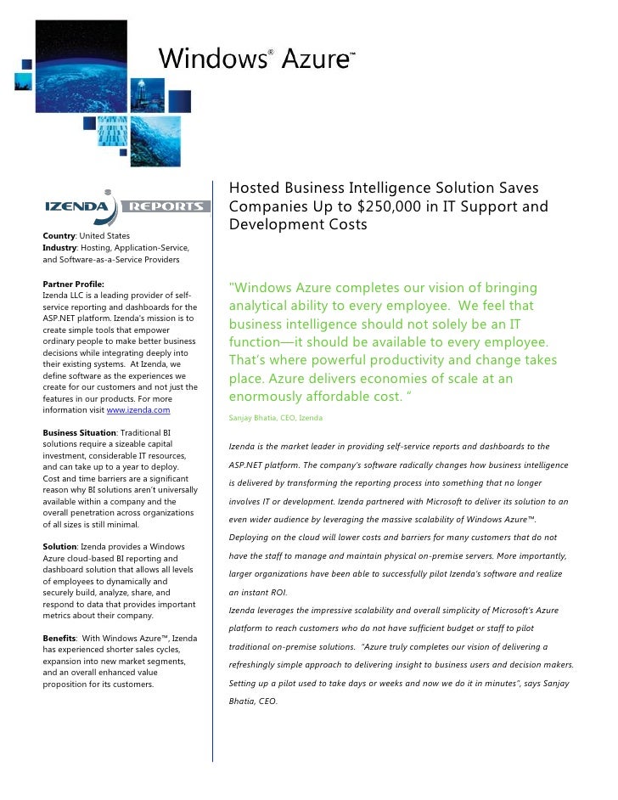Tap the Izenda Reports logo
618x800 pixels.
pyautogui.click(x=126, y=206)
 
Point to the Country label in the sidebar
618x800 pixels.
pyautogui.click(x=60, y=234)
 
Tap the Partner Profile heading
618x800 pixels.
pyautogui.click(x=73, y=283)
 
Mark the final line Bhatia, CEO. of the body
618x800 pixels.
pyautogui.click(x=254, y=701)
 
